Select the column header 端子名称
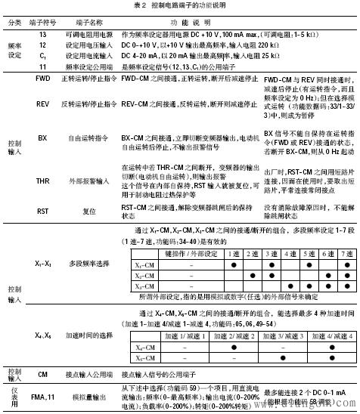pyautogui.click(x=77, y=22)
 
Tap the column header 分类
pyautogui.click(x=15, y=22)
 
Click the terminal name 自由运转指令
pyautogui.click(x=77, y=159)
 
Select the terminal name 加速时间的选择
pyautogui.click(x=77, y=354)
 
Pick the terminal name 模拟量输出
pyautogui.click(x=77, y=397)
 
